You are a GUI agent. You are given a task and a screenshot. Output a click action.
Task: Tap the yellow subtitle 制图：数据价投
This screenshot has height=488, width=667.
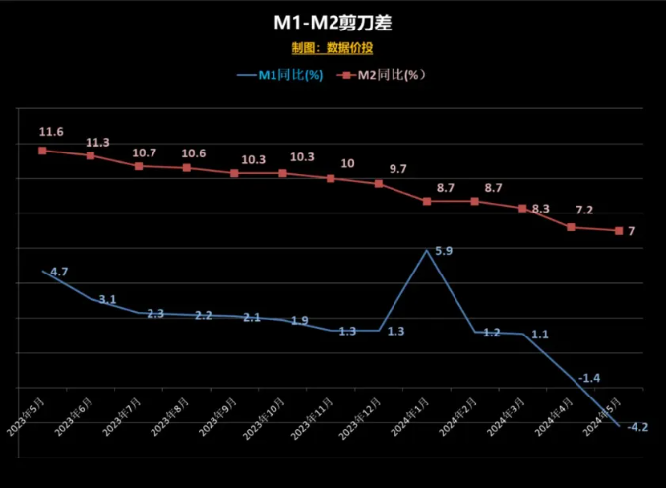point(333,47)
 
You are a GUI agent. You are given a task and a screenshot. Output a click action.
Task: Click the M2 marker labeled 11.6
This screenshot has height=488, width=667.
point(43,151)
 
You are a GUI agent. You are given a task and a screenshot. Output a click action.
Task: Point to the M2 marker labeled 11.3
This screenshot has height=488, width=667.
point(91,155)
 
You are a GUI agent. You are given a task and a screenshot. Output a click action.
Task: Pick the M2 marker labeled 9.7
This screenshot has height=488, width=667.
point(379,183)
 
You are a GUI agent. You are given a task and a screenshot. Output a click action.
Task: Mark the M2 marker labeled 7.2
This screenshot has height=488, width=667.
point(571,227)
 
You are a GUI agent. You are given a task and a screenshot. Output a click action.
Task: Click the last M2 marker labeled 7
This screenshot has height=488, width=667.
point(619,231)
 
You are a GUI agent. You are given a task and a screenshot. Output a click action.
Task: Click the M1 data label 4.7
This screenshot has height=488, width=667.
point(58,271)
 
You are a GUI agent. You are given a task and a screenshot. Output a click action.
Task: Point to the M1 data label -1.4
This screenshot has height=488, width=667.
point(590,378)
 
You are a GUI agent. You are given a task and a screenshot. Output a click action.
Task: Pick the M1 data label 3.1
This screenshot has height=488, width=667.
point(106,299)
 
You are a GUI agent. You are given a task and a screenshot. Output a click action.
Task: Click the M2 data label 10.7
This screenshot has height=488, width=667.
point(145,152)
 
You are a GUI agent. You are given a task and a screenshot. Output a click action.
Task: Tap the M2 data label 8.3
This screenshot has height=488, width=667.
point(540,209)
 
